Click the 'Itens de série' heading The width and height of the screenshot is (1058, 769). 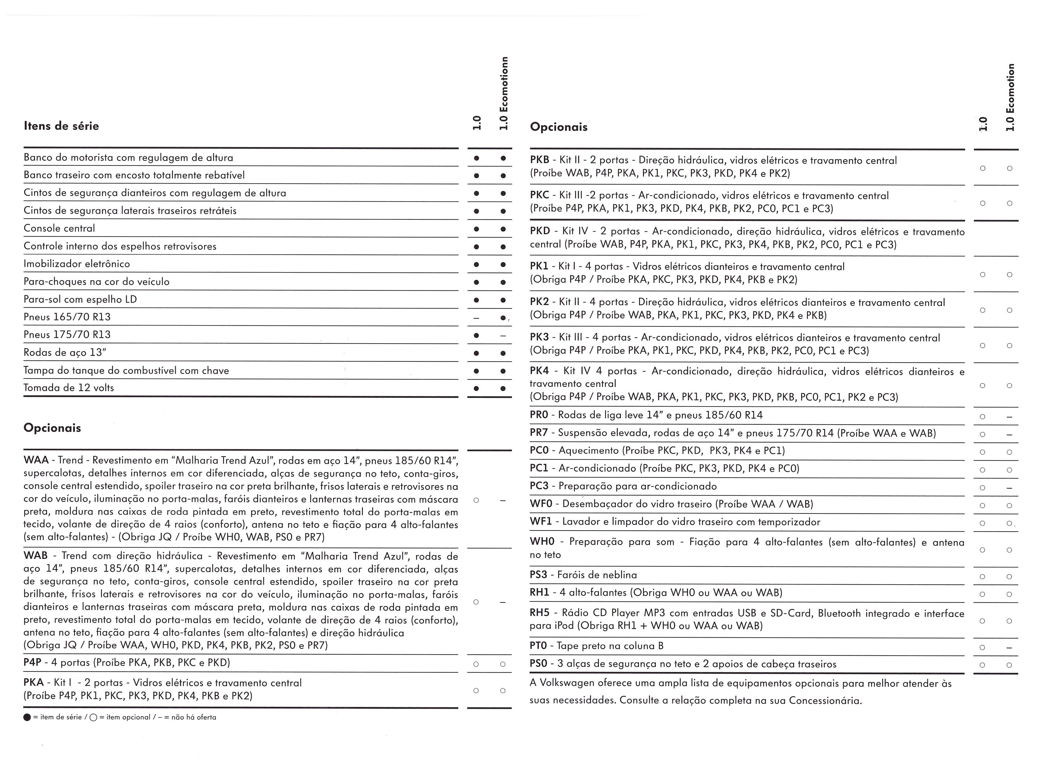[x=61, y=126]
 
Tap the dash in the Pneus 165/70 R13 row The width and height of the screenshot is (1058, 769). [x=476, y=318]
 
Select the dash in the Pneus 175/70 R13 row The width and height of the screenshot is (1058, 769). [x=502, y=336]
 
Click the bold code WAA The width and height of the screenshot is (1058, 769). [x=36, y=460]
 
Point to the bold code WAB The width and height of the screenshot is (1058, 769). [x=36, y=556]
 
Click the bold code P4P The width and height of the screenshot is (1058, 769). [x=33, y=663]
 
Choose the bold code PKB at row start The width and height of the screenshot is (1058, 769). [x=540, y=160]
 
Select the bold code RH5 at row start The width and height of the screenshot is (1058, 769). [x=540, y=613]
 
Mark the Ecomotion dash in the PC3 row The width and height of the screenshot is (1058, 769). [x=1009, y=488]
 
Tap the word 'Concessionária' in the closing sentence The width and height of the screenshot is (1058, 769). [x=825, y=701]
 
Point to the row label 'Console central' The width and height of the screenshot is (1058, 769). [x=59, y=228]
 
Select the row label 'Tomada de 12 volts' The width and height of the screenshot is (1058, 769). [x=69, y=388]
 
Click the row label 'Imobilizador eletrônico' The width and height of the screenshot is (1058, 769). [x=77, y=264]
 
